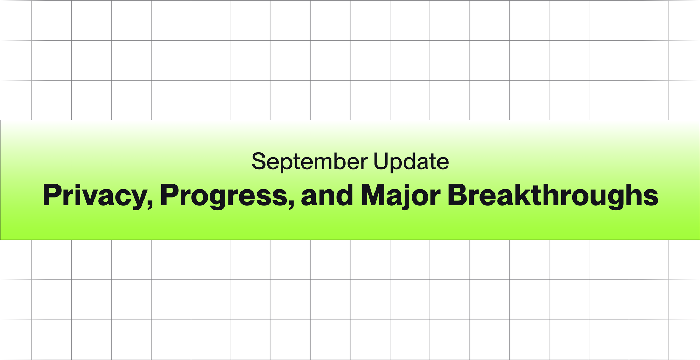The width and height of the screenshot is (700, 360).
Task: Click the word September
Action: coord(309,162)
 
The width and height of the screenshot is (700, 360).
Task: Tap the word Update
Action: coord(411,162)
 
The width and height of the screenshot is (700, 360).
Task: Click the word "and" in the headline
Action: coord(327,195)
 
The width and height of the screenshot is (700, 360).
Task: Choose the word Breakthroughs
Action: coord(553,195)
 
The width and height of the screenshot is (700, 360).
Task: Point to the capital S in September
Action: coord(258,162)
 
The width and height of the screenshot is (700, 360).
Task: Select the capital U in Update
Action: coord(381,162)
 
